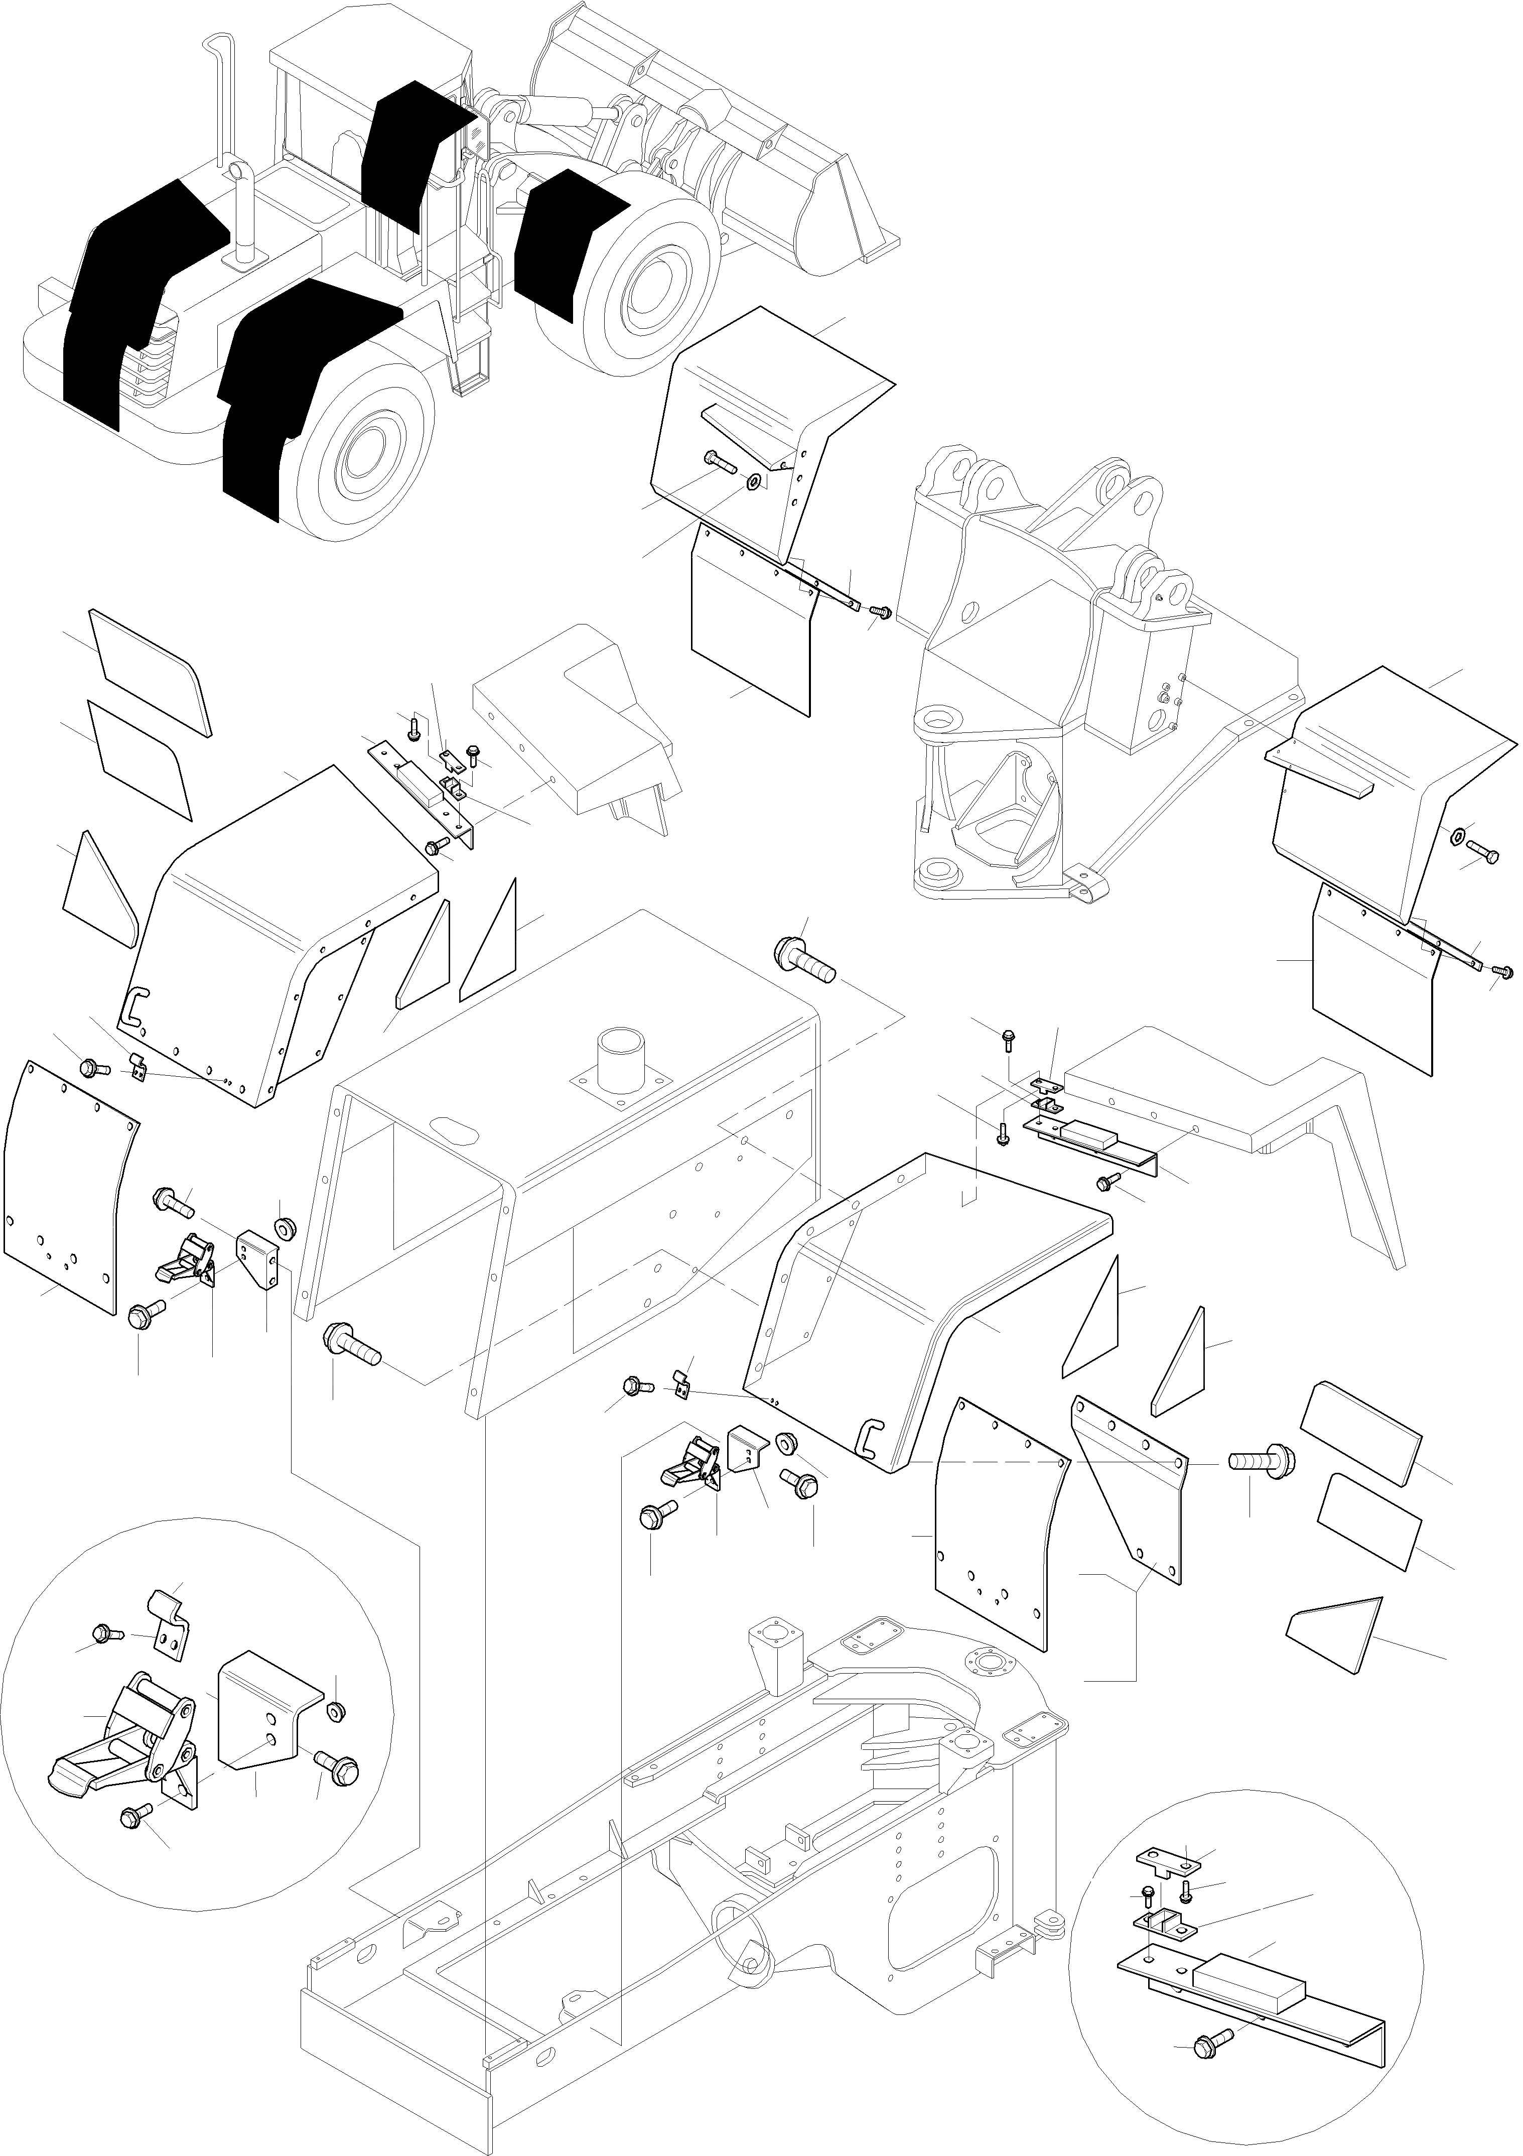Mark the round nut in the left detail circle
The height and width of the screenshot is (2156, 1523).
pyautogui.click(x=334, y=1710)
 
